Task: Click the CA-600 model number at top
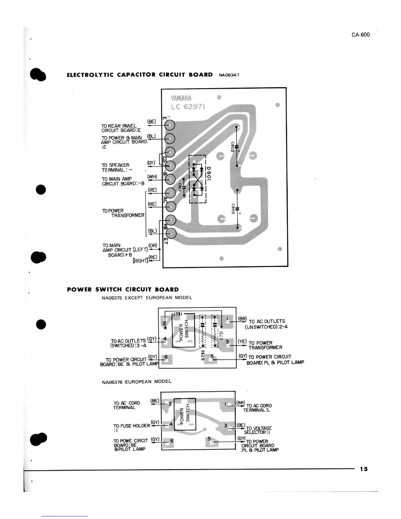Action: click(360, 35)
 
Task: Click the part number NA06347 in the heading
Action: click(229, 75)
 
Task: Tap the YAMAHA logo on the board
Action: click(181, 98)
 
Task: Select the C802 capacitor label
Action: click(232, 146)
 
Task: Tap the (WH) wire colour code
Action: click(152, 177)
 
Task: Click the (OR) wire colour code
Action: click(153, 245)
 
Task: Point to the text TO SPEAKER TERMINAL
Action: click(116, 167)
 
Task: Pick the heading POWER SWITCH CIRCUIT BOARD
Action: click(123, 290)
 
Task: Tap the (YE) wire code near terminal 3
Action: click(242, 341)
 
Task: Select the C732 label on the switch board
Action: click(203, 354)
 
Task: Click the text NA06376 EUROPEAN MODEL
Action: click(137, 382)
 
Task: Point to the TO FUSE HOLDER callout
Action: click(131, 427)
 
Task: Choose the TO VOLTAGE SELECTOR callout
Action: click(258, 430)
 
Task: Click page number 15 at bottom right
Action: click(364, 469)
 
